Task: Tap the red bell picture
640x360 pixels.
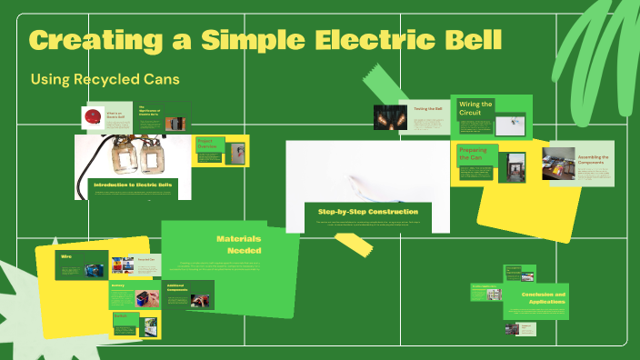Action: pos(91,116)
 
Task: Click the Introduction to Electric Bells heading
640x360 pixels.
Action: pos(133,185)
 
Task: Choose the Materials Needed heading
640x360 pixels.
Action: pos(239,244)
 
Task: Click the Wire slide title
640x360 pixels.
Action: pos(66,257)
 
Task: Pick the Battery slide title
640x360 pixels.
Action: pos(118,285)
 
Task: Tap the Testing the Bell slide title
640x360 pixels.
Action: pos(427,108)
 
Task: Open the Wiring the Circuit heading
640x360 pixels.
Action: pos(475,109)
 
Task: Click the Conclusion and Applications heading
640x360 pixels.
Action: pos(544,298)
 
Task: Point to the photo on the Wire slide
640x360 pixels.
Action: pos(95,269)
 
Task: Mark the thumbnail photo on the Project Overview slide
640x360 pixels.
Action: pos(237,155)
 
